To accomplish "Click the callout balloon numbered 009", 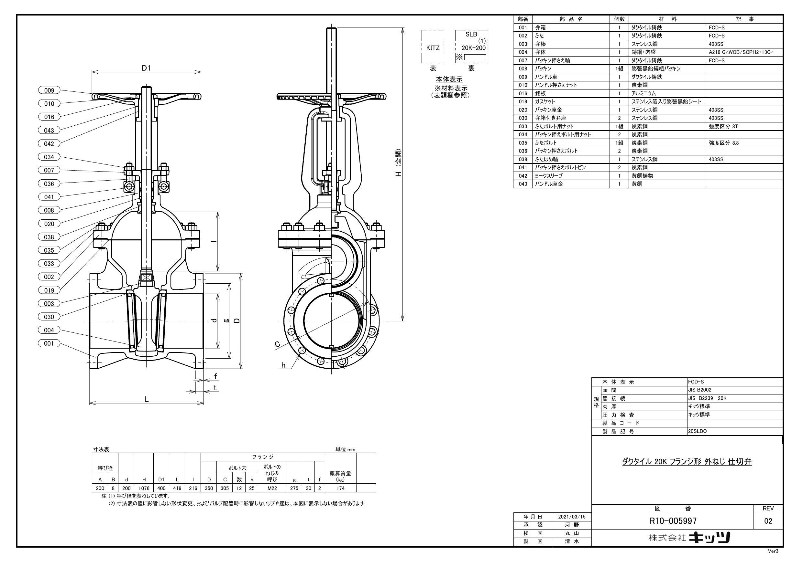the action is coord(49,90).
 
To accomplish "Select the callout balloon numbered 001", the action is coord(49,343).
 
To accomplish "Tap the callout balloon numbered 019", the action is coord(49,290).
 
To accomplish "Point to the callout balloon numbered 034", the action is coord(49,157).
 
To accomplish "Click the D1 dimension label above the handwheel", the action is coord(146,68).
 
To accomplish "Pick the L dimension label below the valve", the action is coord(147,399).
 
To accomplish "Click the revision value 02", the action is coord(768,521).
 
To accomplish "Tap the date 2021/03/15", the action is coord(572,517).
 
